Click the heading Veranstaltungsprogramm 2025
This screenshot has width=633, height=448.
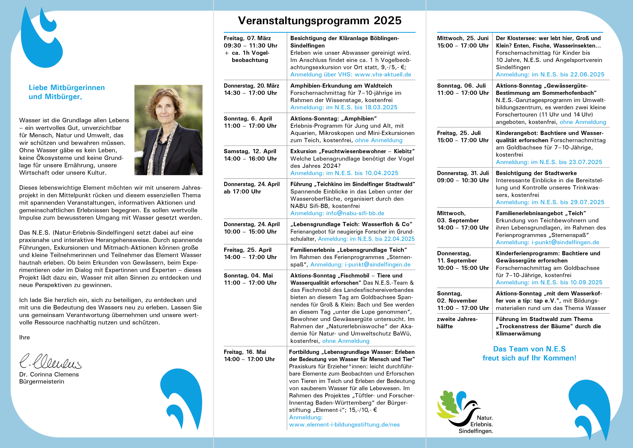click(320, 21)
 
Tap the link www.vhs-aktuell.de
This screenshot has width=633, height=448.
click(383, 75)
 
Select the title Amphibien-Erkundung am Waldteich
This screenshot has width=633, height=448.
click(341, 86)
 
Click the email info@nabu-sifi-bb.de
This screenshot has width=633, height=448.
click(355, 213)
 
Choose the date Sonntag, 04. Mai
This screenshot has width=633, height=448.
click(248, 275)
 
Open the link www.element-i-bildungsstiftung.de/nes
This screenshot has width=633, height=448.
click(344, 425)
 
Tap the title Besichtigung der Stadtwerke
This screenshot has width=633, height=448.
click(536, 173)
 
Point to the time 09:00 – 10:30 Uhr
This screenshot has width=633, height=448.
click(463, 180)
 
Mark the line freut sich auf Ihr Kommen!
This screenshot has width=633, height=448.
click(529, 358)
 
